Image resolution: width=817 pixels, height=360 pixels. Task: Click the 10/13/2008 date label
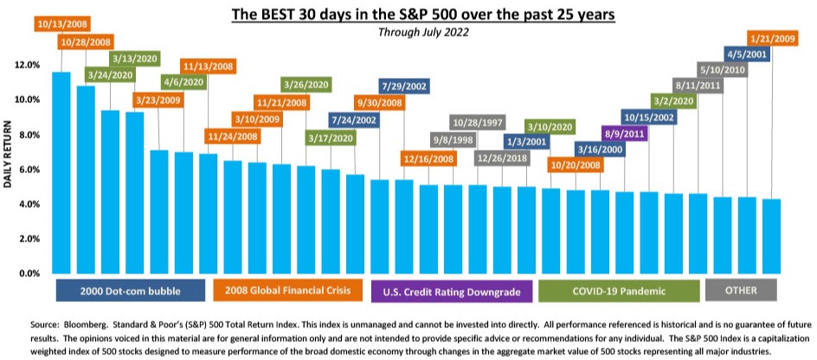tap(62, 24)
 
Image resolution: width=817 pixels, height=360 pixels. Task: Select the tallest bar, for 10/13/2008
tap(61, 172)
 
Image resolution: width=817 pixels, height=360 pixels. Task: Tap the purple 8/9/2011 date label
tap(624, 134)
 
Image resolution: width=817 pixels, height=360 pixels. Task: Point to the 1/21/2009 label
tap(772, 38)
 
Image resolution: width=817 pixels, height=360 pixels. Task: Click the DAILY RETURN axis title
tap(9, 155)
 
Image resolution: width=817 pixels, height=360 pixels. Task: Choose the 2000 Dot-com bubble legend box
tap(131, 291)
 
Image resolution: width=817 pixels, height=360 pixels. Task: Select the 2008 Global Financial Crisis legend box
tap(288, 290)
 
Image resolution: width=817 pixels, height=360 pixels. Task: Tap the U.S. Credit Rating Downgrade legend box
tap(452, 292)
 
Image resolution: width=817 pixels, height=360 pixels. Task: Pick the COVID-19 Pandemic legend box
tap(619, 291)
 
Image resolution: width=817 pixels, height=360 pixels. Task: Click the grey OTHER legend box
tap(741, 290)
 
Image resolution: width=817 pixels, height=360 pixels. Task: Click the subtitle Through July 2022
tap(423, 32)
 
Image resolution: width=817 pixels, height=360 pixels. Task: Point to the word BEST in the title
tap(271, 14)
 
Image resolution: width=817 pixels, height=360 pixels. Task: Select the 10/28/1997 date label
tap(478, 124)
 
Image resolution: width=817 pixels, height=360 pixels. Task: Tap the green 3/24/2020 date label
tap(110, 74)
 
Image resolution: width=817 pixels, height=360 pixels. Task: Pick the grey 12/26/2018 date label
tap(502, 157)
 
